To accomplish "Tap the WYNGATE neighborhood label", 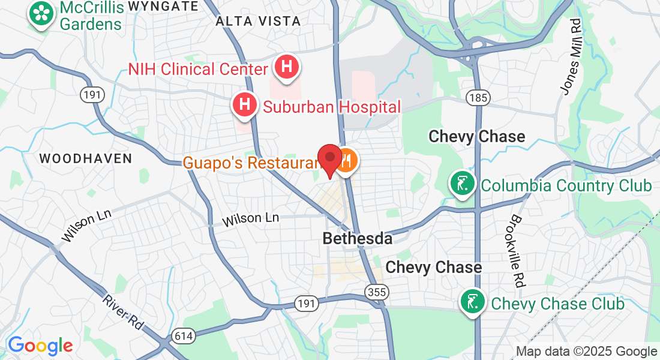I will (x=155, y=7).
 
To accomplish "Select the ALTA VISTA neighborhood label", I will (x=258, y=21).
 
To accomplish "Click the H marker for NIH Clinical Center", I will (x=287, y=67).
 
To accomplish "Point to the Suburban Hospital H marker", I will (x=245, y=104).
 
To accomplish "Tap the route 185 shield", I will (x=481, y=97).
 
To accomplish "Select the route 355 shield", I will (x=376, y=292).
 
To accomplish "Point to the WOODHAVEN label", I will (x=85, y=158).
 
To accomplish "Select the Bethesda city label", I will (x=357, y=238).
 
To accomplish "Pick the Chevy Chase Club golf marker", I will (x=472, y=302).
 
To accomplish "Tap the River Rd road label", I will (x=123, y=312).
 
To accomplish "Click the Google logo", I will (x=40, y=346).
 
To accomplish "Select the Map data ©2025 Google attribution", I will (x=586, y=352).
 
